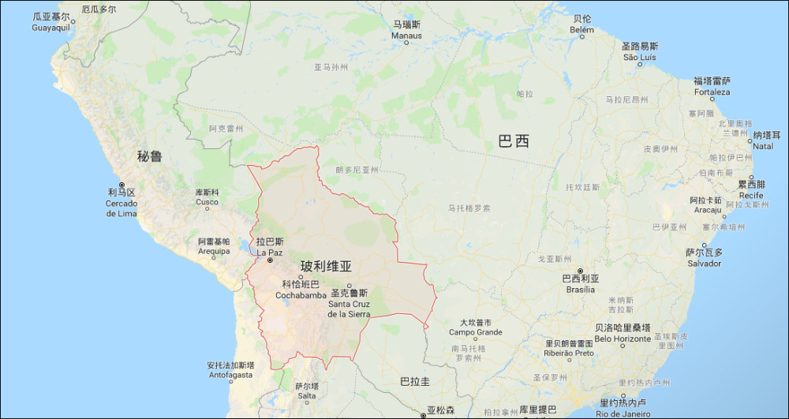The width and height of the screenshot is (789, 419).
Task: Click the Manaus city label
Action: click(x=407, y=30)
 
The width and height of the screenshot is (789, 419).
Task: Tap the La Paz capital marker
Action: click(x=270, y=260)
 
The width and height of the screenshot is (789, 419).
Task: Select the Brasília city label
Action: click(x=580, y=284)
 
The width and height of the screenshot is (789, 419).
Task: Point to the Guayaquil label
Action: click(x=50, y=22)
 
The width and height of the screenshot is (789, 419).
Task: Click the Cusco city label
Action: click(x=207, y=197)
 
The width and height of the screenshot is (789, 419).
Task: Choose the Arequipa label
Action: click(x=213, y=246)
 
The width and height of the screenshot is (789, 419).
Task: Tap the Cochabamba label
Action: click(x=301, y=290)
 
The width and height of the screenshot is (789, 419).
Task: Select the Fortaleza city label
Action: click(x=712, y=86)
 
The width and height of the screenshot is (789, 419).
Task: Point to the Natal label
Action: click(x=762, y=140)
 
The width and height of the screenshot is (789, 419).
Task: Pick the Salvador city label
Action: click(x=704, y=258)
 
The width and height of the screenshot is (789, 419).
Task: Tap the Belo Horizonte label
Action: click(x=623, y=333)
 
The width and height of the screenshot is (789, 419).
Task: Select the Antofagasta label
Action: click(x=230, y=370)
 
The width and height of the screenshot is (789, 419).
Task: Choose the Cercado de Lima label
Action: click(x=122, y=208)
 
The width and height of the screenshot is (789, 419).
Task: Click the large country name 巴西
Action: click(x=514, y=142)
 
